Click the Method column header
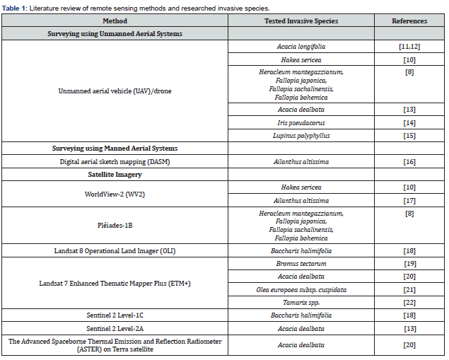115,21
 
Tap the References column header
410,21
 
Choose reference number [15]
410,135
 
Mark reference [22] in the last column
410,302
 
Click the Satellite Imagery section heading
115,174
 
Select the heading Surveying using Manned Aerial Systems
115,149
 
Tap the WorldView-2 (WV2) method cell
115,193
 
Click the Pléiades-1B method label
115,225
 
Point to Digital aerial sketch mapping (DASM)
115,161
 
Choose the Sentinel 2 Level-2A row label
115,327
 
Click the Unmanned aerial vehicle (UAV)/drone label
115,91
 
